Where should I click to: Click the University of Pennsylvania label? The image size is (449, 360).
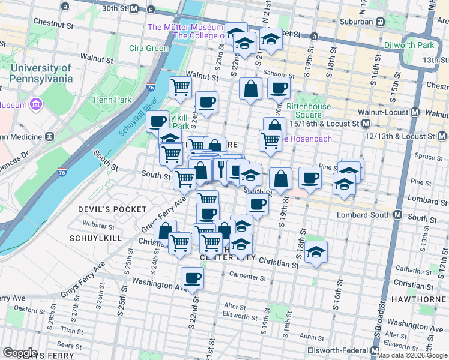[41, 73]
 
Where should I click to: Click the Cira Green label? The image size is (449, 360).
[149, 49]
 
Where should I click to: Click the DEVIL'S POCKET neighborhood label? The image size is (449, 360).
[112, 209]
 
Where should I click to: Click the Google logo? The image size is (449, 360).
[19, 353]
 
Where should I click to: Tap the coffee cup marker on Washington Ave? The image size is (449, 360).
[192, 278]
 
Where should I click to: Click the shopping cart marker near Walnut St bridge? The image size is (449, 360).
[180, 88]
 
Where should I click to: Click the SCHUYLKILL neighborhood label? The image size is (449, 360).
[96, 238]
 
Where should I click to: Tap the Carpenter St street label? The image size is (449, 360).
[247, 277]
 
